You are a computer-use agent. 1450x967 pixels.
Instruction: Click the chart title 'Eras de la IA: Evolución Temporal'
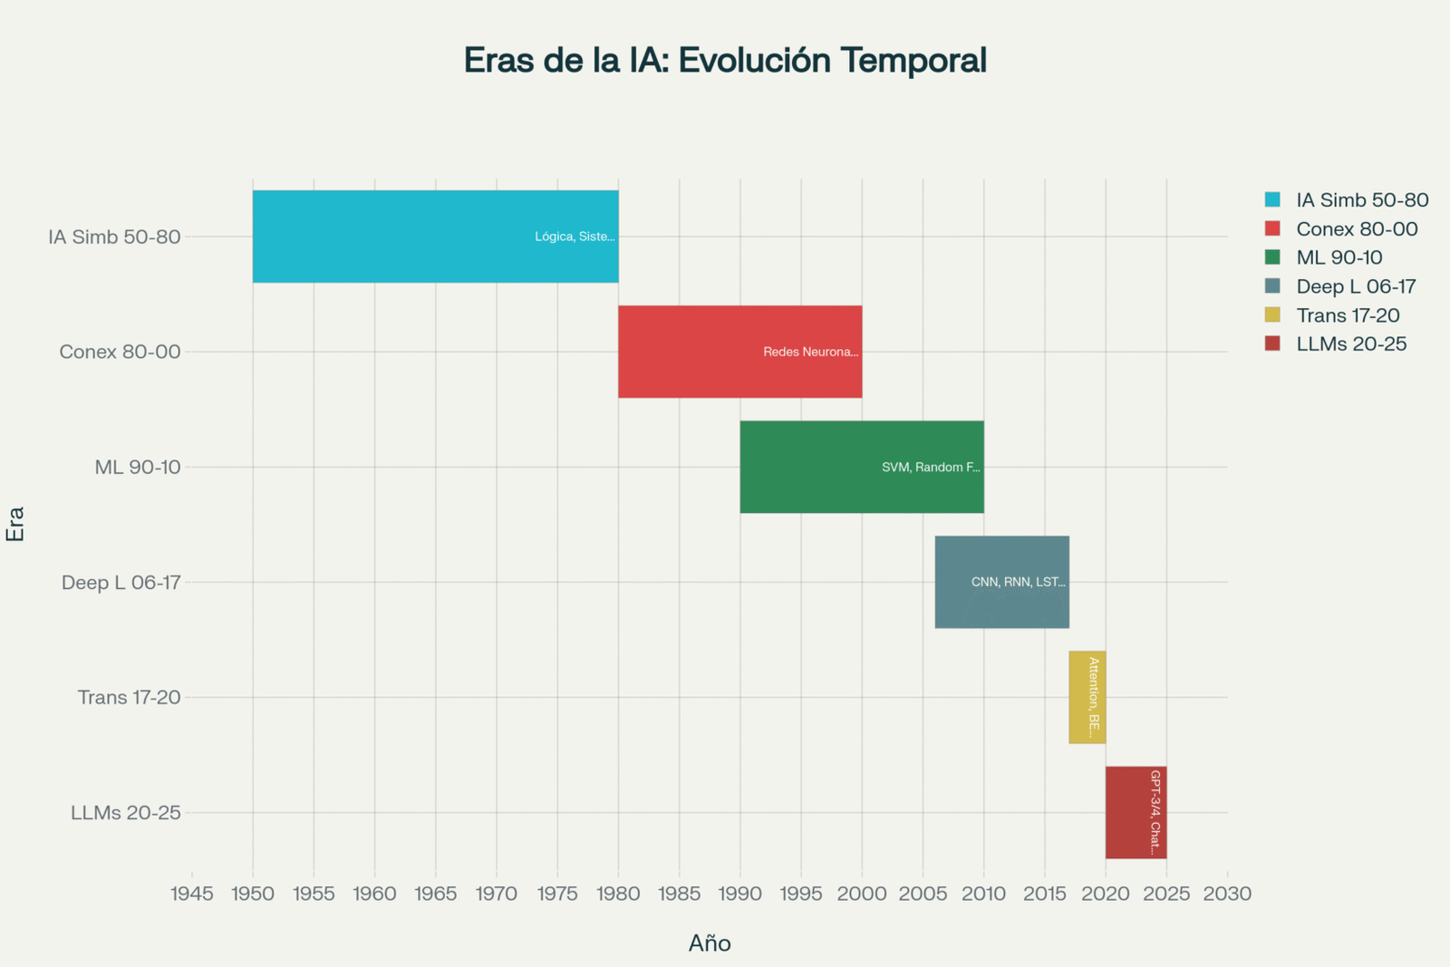725,61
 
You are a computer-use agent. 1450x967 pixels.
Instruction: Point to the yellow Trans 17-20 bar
1078,697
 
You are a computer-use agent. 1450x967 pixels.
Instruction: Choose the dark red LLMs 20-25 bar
1128,812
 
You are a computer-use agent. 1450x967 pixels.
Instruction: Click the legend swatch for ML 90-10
1273,257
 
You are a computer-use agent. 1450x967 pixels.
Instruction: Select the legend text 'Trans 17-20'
1348,315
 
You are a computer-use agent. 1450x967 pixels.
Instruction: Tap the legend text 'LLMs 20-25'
1351,344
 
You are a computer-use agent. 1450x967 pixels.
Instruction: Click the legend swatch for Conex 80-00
1273,228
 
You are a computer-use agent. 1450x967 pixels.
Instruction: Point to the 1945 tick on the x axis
192,894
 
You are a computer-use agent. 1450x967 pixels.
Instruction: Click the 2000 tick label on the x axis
862,894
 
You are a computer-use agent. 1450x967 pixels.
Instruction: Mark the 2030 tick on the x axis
1227,894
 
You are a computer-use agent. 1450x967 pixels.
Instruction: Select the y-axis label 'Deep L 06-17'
121,583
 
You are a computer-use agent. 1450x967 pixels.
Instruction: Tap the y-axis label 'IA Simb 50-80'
115,237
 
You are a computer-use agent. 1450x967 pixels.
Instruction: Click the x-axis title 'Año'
710,943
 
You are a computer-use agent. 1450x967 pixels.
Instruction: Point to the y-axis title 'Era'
15,524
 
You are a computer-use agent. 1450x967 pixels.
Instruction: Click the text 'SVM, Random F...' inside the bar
931,468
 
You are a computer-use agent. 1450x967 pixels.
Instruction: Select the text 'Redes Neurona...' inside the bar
810,352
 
